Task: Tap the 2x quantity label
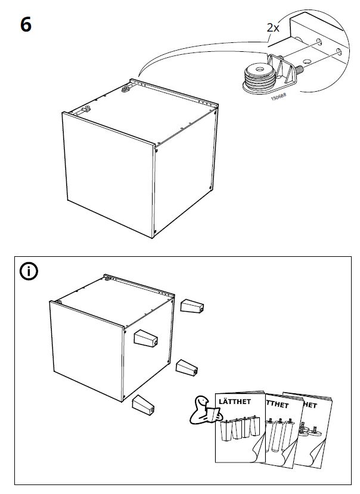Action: (272, 27)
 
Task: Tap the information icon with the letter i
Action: (28, 271)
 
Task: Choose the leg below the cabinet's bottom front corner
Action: (143, 405)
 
